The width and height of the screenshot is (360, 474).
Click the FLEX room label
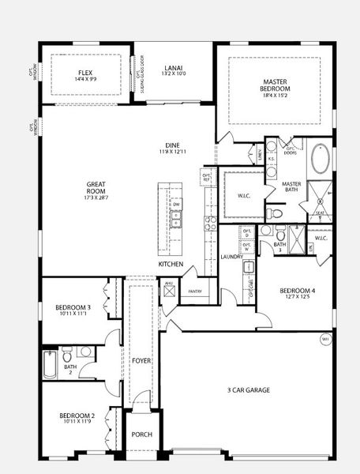coord(84,72)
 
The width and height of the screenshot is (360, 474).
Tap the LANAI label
coord(173,69)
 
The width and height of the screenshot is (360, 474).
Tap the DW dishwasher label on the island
coord(177,204)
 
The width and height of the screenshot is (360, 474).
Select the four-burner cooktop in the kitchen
coord(211,223)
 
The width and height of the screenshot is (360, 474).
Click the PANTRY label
coord(194,291)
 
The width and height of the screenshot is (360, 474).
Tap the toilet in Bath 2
coord(86,352)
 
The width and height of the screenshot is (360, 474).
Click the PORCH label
coord(141,434)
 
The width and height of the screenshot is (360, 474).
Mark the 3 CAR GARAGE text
coord(249,390)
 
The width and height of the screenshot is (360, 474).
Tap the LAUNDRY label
coord(231,256)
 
